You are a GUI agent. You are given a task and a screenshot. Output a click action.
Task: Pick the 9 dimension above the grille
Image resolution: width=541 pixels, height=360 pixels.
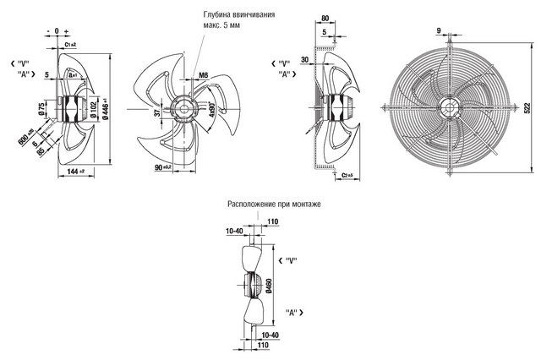(440, 31)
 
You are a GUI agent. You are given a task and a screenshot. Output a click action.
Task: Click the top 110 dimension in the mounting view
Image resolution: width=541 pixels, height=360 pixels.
(273, 221)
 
